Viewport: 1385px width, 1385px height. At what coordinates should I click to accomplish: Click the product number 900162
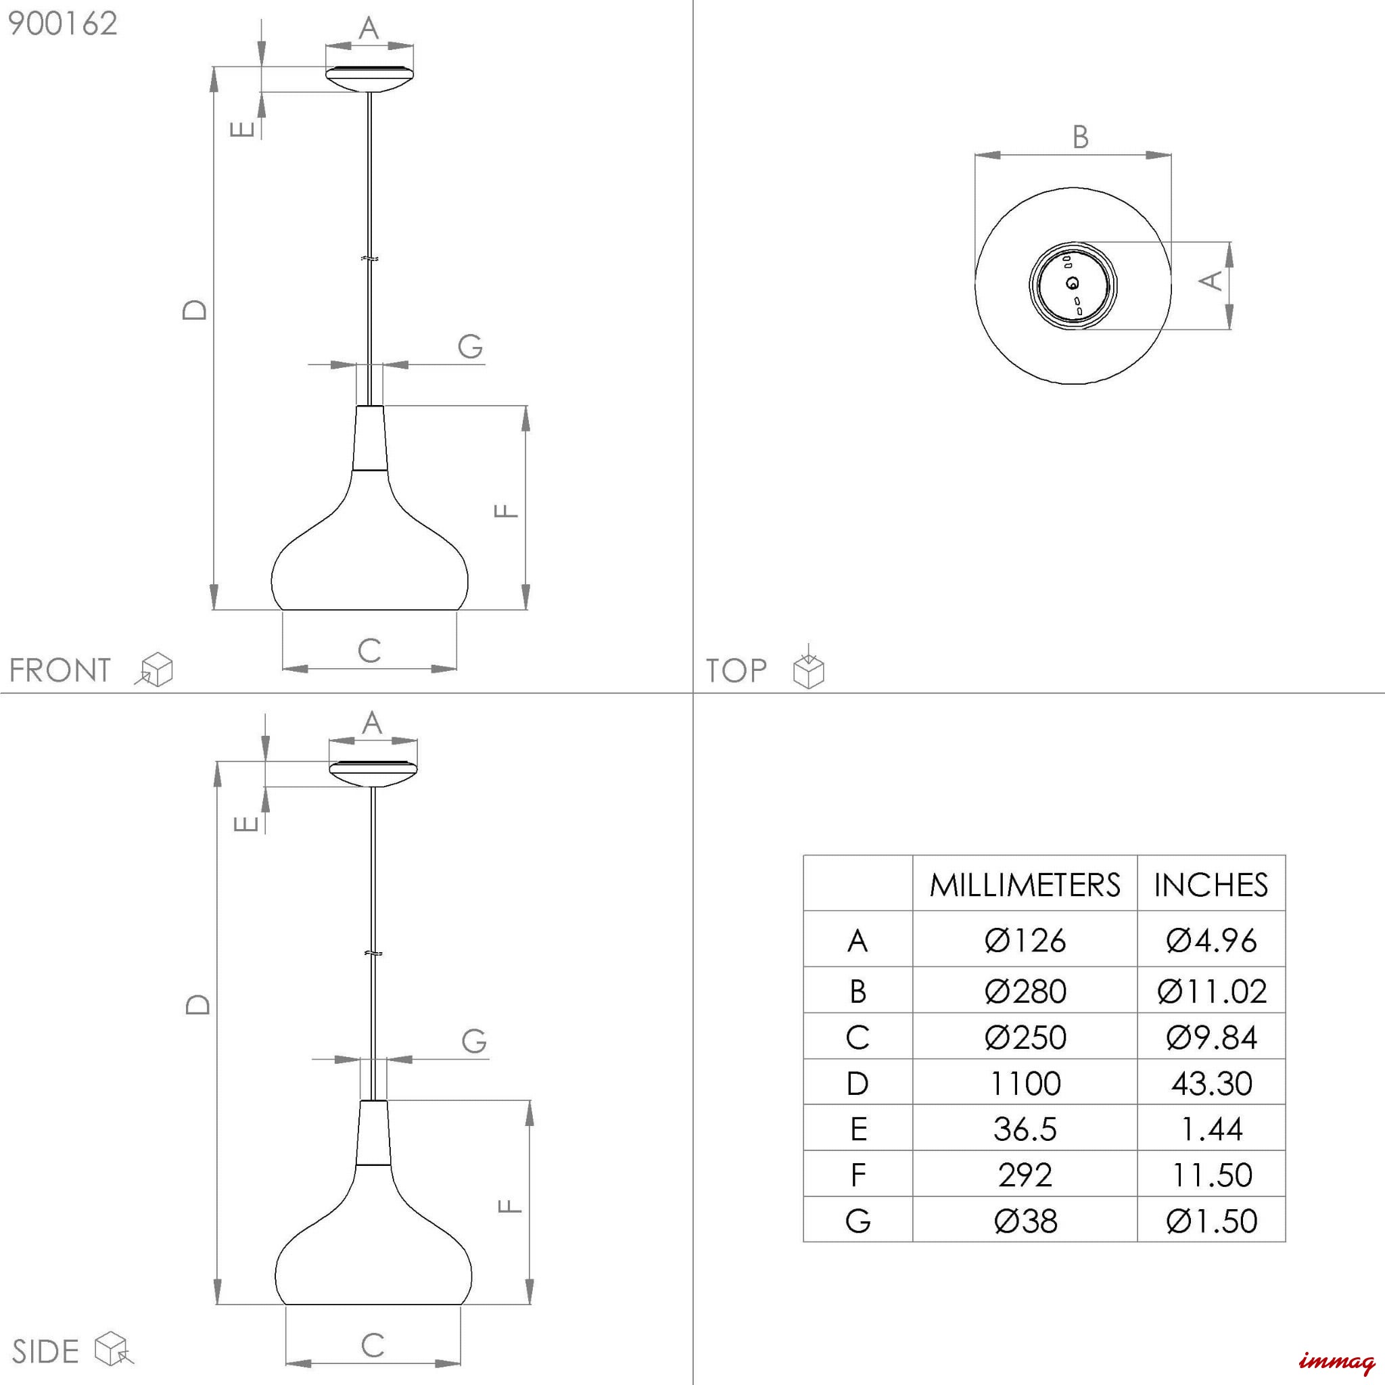coord(62,24)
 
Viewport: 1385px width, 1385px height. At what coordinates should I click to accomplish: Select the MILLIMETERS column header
coord(1025,885)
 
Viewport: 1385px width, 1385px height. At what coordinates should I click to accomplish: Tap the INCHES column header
coord(1211,885)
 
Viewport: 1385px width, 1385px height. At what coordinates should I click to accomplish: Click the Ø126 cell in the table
coord(1025,941)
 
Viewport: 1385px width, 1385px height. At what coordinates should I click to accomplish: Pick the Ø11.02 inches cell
coord(1211,991)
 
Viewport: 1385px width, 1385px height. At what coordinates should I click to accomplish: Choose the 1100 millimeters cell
coord(1025,1083)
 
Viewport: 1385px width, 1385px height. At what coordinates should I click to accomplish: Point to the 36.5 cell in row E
coord(1025,1129)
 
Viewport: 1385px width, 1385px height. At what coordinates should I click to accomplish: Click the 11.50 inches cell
coord(1211,1175)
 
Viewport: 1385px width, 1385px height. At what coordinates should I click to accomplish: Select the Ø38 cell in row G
coord(1025,1221)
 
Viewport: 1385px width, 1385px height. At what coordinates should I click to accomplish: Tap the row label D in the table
coord(858,1083)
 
